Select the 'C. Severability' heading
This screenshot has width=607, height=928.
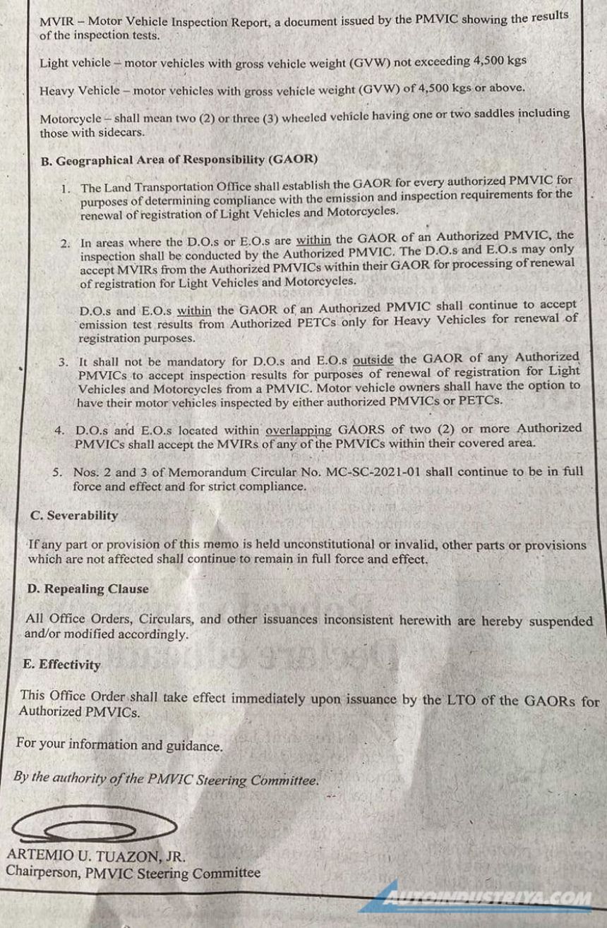(74, 515)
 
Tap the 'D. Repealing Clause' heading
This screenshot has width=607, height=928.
(88, 589)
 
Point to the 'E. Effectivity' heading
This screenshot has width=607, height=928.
(61, 665)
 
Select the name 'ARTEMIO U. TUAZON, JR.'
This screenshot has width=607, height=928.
(96, 856)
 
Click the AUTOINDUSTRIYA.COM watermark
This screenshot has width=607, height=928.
(487, 900)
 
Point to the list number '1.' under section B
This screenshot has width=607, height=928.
(66, 188)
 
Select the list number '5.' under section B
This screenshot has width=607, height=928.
(58, 471)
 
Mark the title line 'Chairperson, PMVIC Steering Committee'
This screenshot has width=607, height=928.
(133, 872)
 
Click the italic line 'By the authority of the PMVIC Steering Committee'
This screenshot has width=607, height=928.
(166, 778)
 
